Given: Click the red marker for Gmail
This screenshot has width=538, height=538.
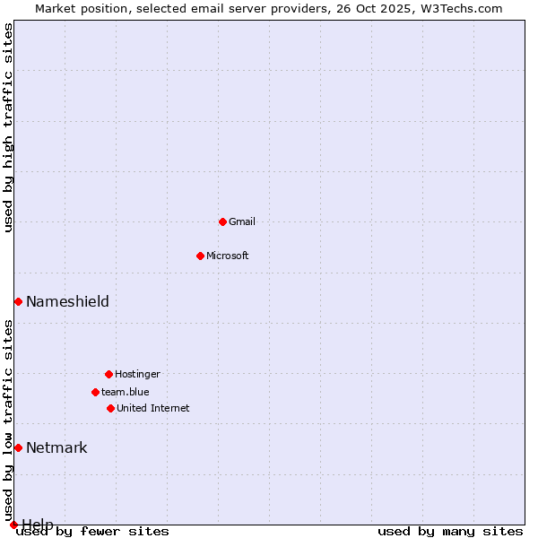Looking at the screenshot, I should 222,221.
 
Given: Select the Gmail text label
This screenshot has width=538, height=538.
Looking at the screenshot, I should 242,221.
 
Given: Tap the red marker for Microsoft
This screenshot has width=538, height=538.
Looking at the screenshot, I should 200,256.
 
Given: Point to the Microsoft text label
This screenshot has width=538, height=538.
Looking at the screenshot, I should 228,256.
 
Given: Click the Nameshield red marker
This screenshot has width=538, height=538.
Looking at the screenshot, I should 18,301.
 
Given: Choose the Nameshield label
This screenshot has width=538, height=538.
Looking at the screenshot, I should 67,301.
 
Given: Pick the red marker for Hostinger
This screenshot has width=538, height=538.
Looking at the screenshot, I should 108,374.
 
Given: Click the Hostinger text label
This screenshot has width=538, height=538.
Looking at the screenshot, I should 137,374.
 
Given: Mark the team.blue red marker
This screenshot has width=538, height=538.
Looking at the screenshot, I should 95,392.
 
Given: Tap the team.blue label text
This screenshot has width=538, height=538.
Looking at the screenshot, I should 126,392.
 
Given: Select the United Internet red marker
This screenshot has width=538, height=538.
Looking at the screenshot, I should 110,408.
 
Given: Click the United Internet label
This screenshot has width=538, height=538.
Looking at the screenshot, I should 153,408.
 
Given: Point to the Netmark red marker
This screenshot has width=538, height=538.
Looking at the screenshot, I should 18,447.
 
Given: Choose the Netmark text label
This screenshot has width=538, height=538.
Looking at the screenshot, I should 56,447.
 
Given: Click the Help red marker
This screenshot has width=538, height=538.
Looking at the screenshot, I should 13,525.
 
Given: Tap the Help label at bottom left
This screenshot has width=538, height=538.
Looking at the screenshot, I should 38,524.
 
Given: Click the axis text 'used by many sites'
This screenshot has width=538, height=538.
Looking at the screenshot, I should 450,531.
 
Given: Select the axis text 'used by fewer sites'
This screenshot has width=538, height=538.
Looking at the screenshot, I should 93,531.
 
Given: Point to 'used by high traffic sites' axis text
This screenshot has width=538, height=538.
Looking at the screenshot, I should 9,127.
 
